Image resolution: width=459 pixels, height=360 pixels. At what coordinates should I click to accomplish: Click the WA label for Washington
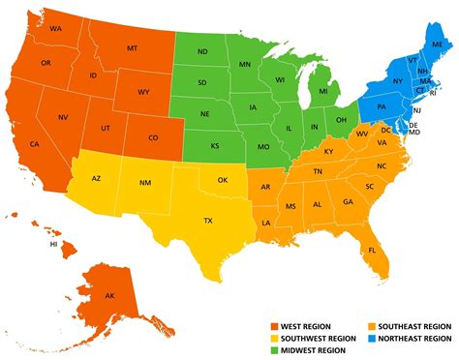(x=55, y=30)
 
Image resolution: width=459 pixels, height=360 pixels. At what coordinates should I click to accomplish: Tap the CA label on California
(x=36, y=144)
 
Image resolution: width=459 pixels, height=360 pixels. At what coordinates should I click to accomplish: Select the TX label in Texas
(x=208, y=221)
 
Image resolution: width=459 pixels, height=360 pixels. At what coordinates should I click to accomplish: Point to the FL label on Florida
(x=372, y=250)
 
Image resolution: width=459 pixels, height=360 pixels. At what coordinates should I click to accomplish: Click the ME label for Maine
(x=438, y=45)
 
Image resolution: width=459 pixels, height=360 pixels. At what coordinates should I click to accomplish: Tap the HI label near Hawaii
(x=54, y=246)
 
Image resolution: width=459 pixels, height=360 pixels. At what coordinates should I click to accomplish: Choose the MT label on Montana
(x=131, y=47)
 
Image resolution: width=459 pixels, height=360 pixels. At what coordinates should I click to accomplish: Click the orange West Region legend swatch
(x=274, y=325)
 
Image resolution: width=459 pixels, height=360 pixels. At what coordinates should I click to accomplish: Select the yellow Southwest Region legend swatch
(x=274, y=339)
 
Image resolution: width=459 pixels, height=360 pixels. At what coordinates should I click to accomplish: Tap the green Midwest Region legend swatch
(x=274, y=352)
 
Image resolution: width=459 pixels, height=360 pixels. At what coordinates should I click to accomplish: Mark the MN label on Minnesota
(x=245, y=65)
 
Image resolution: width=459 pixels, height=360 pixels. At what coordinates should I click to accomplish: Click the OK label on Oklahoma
(x=223, y=180)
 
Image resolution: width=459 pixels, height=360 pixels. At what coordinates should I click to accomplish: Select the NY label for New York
(x=397, y=80)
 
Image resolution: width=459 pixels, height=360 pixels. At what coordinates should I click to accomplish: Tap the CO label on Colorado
(x=153, y=137)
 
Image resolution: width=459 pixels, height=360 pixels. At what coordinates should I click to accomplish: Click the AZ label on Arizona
(x=96, y=179)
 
